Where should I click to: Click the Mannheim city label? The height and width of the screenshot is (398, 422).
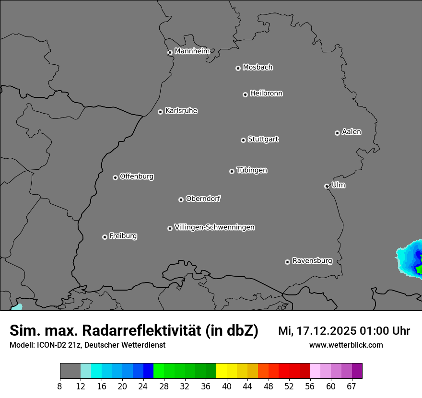192,51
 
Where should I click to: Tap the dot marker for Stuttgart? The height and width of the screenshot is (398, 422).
243,140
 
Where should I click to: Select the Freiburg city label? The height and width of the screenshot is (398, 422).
123,236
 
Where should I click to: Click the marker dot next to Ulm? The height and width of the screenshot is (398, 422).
327,186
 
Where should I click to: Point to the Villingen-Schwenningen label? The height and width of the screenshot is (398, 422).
214,227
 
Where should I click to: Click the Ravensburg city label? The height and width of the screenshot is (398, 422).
312,261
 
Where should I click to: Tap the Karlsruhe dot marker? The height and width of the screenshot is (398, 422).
160,112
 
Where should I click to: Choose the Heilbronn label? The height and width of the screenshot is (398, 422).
266,94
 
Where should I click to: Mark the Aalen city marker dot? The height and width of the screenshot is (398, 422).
337,133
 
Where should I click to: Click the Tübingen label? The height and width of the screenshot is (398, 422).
252,170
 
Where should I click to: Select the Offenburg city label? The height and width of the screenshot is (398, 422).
136,176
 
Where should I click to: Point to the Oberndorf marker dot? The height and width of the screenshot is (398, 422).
181,199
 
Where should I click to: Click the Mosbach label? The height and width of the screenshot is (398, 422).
258,68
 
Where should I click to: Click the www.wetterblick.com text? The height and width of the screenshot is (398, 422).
346,345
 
